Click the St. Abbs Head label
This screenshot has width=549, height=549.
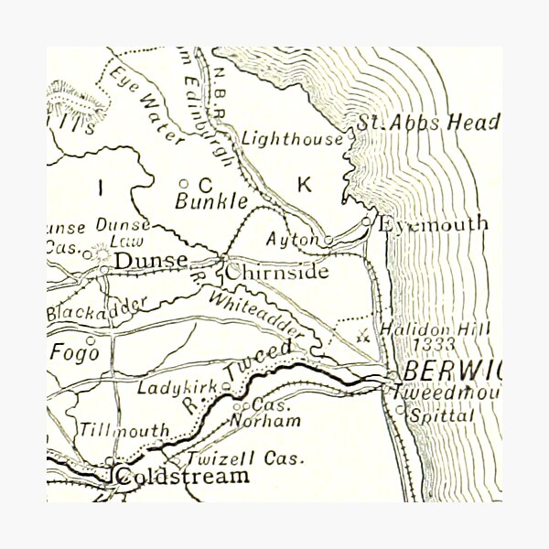point(428,123)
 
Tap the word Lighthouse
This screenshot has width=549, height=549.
point(293,139)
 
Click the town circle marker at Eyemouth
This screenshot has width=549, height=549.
point(366,221)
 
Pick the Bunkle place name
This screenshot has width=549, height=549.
point(210,200)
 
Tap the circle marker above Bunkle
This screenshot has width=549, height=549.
point(183,183)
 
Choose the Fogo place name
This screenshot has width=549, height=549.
point(70,352)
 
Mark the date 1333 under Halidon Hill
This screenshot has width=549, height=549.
point(432,345)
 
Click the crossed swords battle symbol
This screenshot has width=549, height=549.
point(363,336)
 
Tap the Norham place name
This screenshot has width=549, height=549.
point(278,421)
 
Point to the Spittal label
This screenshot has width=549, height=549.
point(442,414)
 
